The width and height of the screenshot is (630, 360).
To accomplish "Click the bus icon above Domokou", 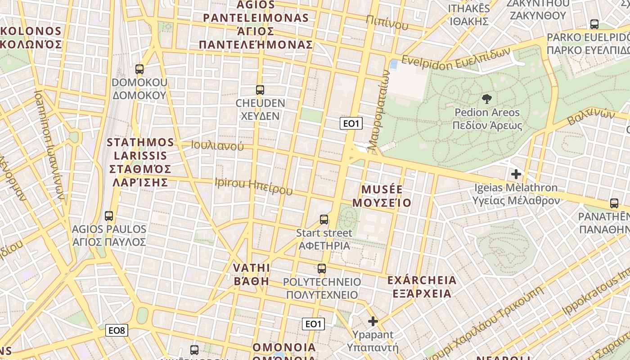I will (x=139, y=69).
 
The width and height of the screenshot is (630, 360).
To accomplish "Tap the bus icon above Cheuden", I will (x=260, y=90).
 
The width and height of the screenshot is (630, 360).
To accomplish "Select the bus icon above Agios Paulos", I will (x=109, y=216).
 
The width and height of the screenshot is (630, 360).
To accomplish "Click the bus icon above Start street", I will (x=324, y=220).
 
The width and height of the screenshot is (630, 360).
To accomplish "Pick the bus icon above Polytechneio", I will (x=322, y=269).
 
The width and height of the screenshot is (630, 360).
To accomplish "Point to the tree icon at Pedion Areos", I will (x=486, y=99).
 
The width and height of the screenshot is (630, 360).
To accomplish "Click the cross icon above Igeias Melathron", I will (x=516, y=174).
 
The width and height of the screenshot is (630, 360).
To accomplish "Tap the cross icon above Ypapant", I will (x=373, y=321).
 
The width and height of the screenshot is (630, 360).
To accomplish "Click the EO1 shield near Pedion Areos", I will (x=351, y=124).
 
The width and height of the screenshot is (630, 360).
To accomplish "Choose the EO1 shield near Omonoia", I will (x=313, y=324).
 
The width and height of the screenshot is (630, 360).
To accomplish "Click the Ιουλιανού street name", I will (x=217, y=146).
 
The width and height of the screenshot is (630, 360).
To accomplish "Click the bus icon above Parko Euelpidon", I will (x=594, y=24).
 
